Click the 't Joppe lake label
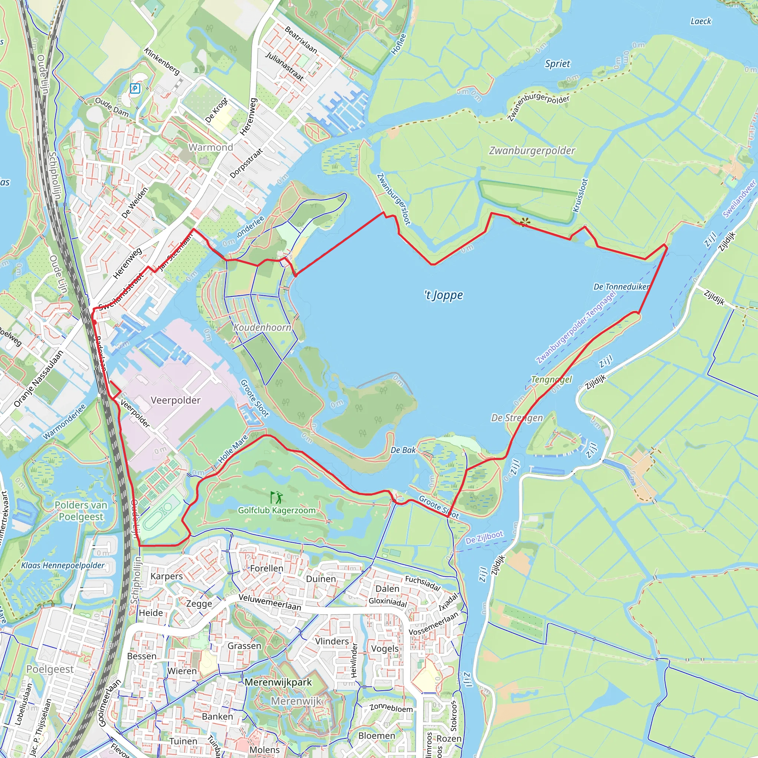(x=444, y=295)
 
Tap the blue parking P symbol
(x=135, y=89)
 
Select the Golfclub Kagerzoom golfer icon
(x=277, y=497)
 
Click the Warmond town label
(x=211, y=147)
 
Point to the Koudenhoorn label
(x=262, y=327)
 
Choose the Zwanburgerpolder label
(x=531, y=151)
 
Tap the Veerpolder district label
(x=175, y=400)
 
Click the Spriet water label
(x=557, y=64)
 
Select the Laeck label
(x=701, y=21)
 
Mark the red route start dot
(x=94, y=322)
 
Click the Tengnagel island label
(x=551, y=379)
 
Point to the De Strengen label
(x=517, y=418)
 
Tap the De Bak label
(x=403, y=450)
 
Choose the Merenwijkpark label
(x=278, y=682)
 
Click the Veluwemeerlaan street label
(x=270, y=602)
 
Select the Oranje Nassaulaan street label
(x=38, y=379)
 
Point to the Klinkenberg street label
(x=162, y=61)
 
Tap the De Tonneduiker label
(x=621, y=287)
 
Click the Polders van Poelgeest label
(x=81, y=511)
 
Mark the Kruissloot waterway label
(x=581, y=195)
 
